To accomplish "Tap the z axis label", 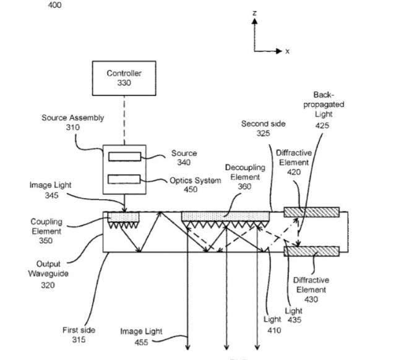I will coord(254,12).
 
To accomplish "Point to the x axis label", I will coord(287,51).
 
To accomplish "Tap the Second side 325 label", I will coord(263,128).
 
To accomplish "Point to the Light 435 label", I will coord(293,314).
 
